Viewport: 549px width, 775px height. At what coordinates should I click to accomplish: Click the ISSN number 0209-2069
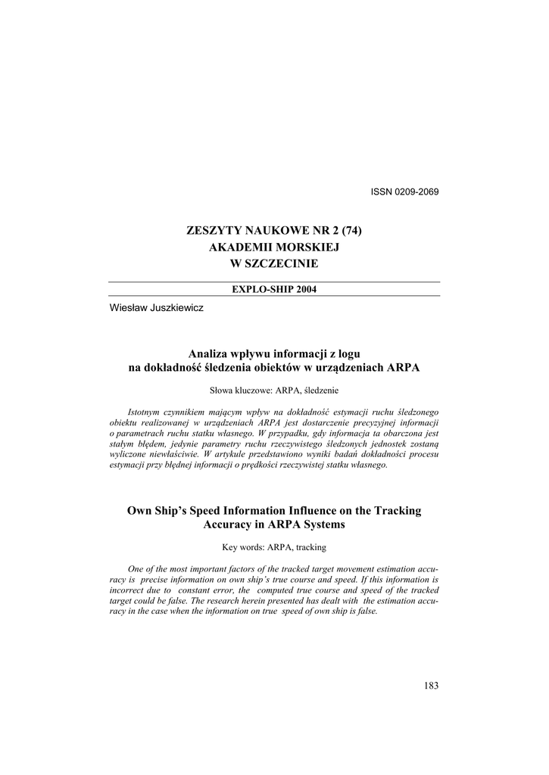(415, 191)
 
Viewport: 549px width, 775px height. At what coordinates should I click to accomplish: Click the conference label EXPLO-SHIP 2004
(274, 290)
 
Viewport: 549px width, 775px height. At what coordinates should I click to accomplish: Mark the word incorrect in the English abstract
(126, 590)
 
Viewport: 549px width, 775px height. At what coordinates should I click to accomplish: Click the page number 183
(431, 686)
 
